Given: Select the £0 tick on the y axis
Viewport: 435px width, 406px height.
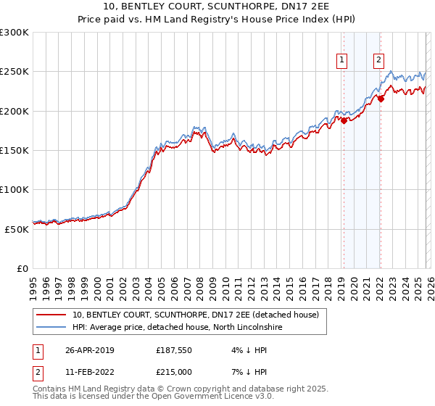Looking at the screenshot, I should [x=22, y=268].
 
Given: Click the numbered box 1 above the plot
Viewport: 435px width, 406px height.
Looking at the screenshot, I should [x=341, y=61].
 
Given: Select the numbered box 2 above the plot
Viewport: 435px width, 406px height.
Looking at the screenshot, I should [x=378, y=61].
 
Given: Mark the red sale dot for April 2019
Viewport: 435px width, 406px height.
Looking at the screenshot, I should [x=344, y=121].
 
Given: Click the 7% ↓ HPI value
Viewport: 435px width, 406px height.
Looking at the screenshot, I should [x=245, y=372].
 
